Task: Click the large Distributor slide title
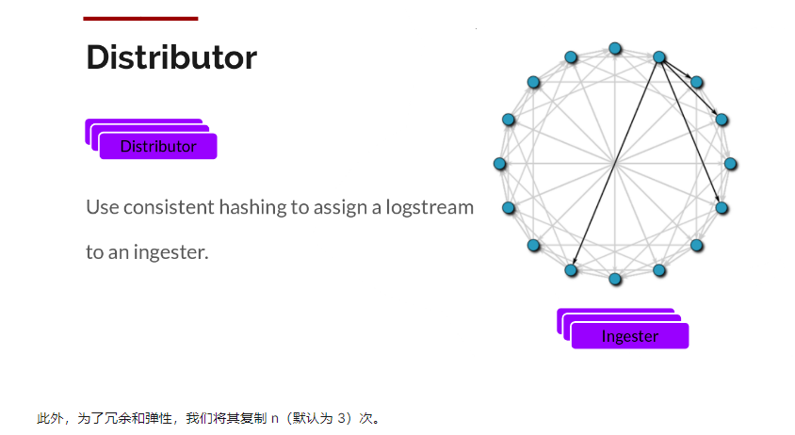171,56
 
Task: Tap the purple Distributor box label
158,147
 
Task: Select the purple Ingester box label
630,336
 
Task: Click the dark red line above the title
140,19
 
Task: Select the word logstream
430,207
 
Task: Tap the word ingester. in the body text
170,252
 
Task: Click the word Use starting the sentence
103,207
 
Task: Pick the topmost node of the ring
615,49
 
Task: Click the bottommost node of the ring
615,279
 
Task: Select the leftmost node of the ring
499,164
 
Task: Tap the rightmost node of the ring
730,164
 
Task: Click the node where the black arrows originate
659,57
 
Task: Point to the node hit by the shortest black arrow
697,82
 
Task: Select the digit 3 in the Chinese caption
341,418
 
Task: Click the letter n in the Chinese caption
275,419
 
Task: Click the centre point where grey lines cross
615,164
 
